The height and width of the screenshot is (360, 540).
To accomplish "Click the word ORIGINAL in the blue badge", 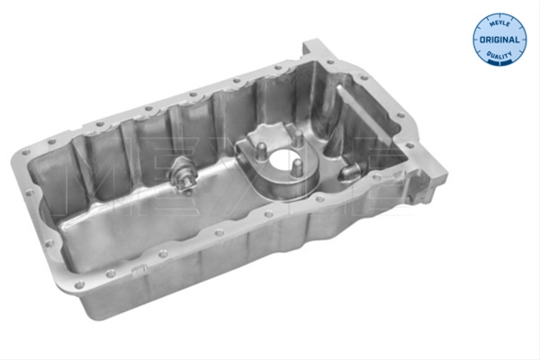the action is pos(499,40).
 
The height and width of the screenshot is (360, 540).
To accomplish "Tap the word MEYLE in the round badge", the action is pos(499,23).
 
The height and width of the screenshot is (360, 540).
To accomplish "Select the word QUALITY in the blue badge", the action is pos(499,55).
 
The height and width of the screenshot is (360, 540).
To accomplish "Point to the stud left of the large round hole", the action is pos(261,151).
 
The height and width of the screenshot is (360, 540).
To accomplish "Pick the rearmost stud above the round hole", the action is pos(298,138).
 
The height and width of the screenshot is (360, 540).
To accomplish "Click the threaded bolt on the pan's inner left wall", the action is pos(184,175).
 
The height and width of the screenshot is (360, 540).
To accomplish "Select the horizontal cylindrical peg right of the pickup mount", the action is pos(349,171).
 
